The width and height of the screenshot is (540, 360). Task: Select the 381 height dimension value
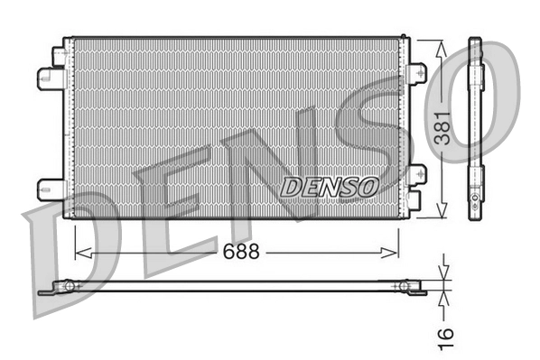441,127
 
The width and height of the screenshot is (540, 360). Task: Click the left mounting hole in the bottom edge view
66,287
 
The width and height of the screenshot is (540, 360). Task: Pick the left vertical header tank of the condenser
68,127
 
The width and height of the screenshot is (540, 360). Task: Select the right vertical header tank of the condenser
404,127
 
